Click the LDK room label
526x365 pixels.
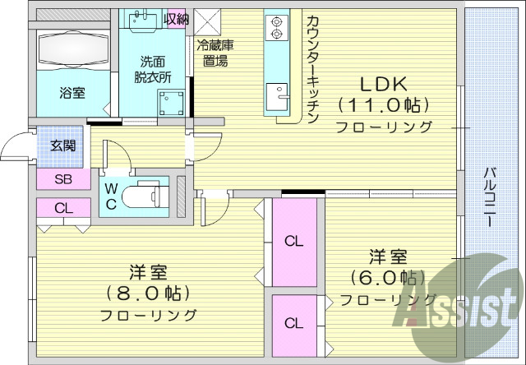coord(383,85)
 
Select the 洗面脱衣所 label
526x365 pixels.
coord(155,68)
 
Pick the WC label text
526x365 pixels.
coord(111,196)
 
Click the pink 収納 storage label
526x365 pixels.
coord(176,18)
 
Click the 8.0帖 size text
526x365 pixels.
coord(148,293)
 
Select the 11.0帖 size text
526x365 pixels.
coord(383,105)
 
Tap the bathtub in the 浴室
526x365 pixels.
coord(72,47)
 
